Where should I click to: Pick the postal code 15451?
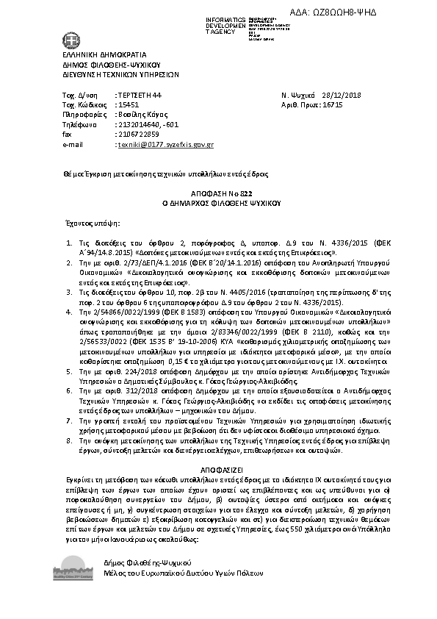point(129,106)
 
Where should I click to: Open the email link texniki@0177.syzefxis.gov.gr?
point(165,145)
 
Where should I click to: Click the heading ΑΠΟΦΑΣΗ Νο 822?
point(217,190)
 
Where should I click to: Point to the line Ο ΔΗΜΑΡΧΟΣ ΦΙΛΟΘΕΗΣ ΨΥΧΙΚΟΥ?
point(217,199)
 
